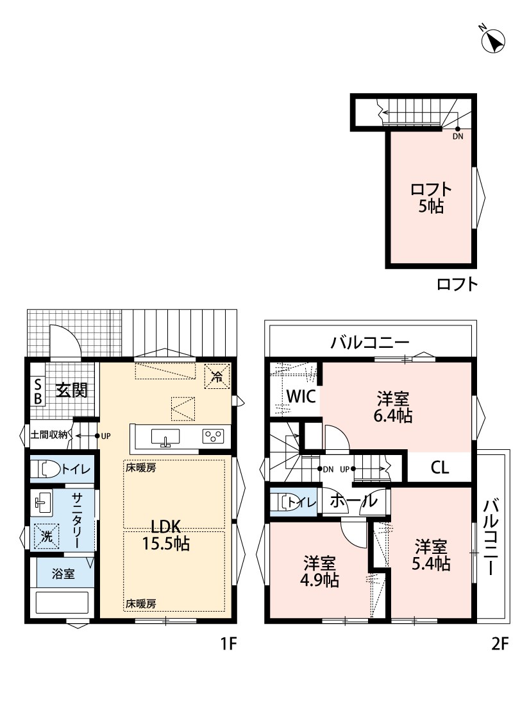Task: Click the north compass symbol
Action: [x=492, y=40]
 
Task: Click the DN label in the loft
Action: [x=458, y=137]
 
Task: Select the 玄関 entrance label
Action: [x=72, y=390]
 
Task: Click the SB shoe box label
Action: [x=38, y=391]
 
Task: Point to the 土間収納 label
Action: [x=49, y=434]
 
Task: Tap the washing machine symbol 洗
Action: [x=46, y=537]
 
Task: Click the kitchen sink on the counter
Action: [x=165, y=436]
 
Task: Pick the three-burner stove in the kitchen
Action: [x=214, y=436]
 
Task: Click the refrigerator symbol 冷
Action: [x=217, y=377]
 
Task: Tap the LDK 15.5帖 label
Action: [x=165, y=535]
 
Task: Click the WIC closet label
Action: [x=301, y=397]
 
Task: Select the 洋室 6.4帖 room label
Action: [x=393, y=407]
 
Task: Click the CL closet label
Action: [x=439, y=468]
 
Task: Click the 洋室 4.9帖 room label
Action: [x=319, y=571]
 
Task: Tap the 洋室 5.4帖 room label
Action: [x=431, y=555]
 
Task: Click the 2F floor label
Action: [x=500, y=643]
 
